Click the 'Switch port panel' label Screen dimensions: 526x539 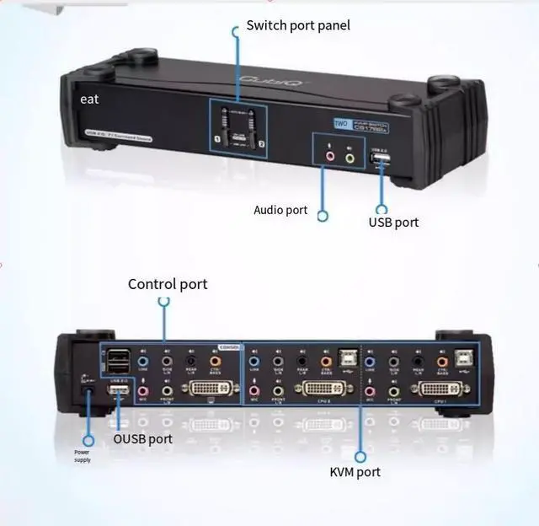[x=297, y=25]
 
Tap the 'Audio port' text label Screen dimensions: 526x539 [x=280, y=210]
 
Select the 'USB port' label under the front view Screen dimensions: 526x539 [x=393, y=223]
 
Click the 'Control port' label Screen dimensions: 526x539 [x=168, y=284]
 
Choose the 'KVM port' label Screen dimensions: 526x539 [x=355, y=472]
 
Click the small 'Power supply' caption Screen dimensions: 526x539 [x=83, y=456]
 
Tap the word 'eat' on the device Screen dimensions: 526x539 [x=89, y=99]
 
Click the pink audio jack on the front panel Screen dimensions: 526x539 [x=329, y=156]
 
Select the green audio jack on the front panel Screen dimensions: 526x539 [x=350, y=156]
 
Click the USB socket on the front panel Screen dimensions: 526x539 [x=379, y=158]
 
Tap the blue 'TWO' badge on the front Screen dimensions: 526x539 [x=340, y=123]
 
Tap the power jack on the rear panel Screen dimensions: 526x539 [x=88, y=390]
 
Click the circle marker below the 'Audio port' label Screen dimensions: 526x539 [x=323, y=216]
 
